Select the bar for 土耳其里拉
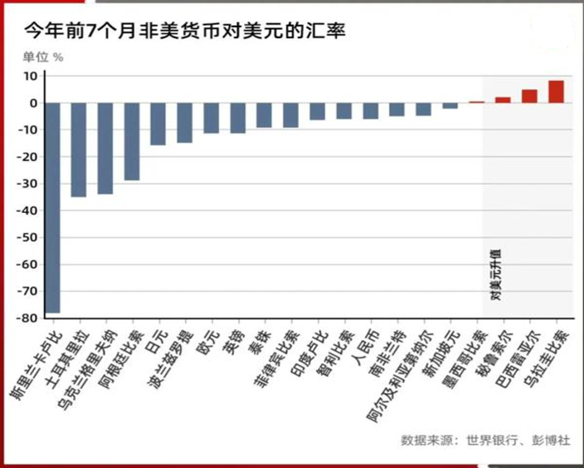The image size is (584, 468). (x=78, y=149)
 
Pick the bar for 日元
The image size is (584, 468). (x=158, y=124)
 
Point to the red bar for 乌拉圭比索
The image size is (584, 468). (x=556, y=92)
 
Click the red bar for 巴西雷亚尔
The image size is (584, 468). (x=529, y=96)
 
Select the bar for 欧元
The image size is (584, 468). (x=211, y=118)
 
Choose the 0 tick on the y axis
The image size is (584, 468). (x=31, y=103)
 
